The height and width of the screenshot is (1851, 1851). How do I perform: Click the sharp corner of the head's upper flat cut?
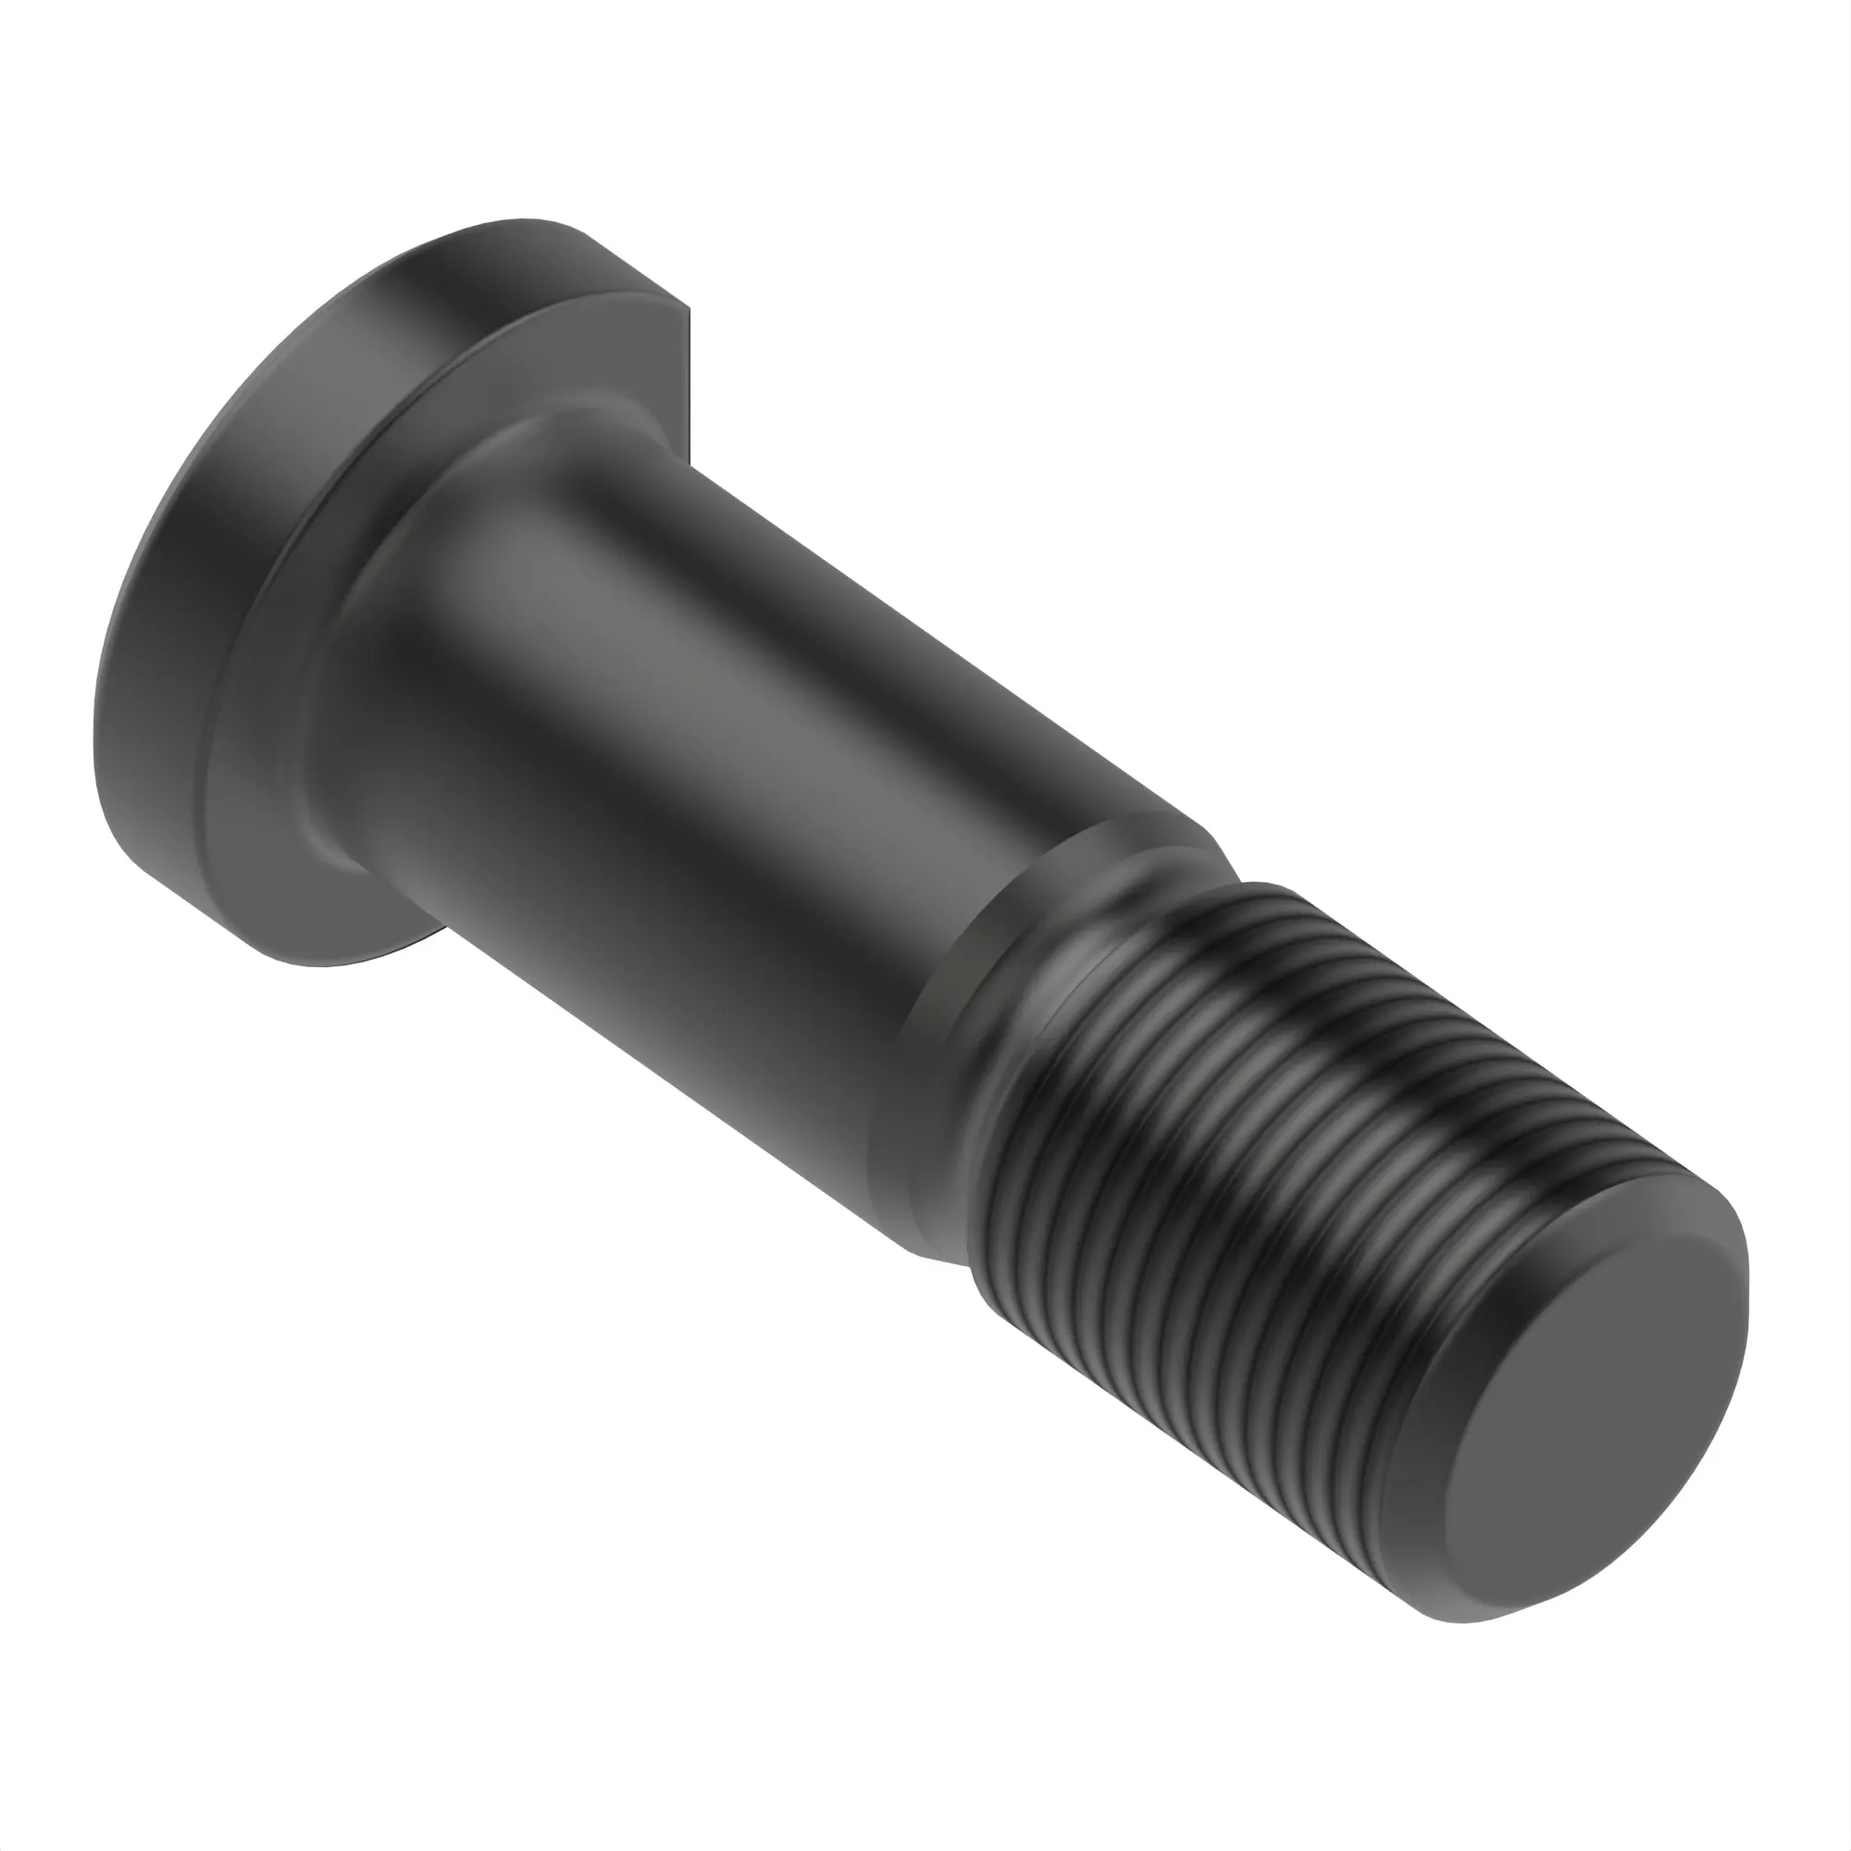pos(687,308)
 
